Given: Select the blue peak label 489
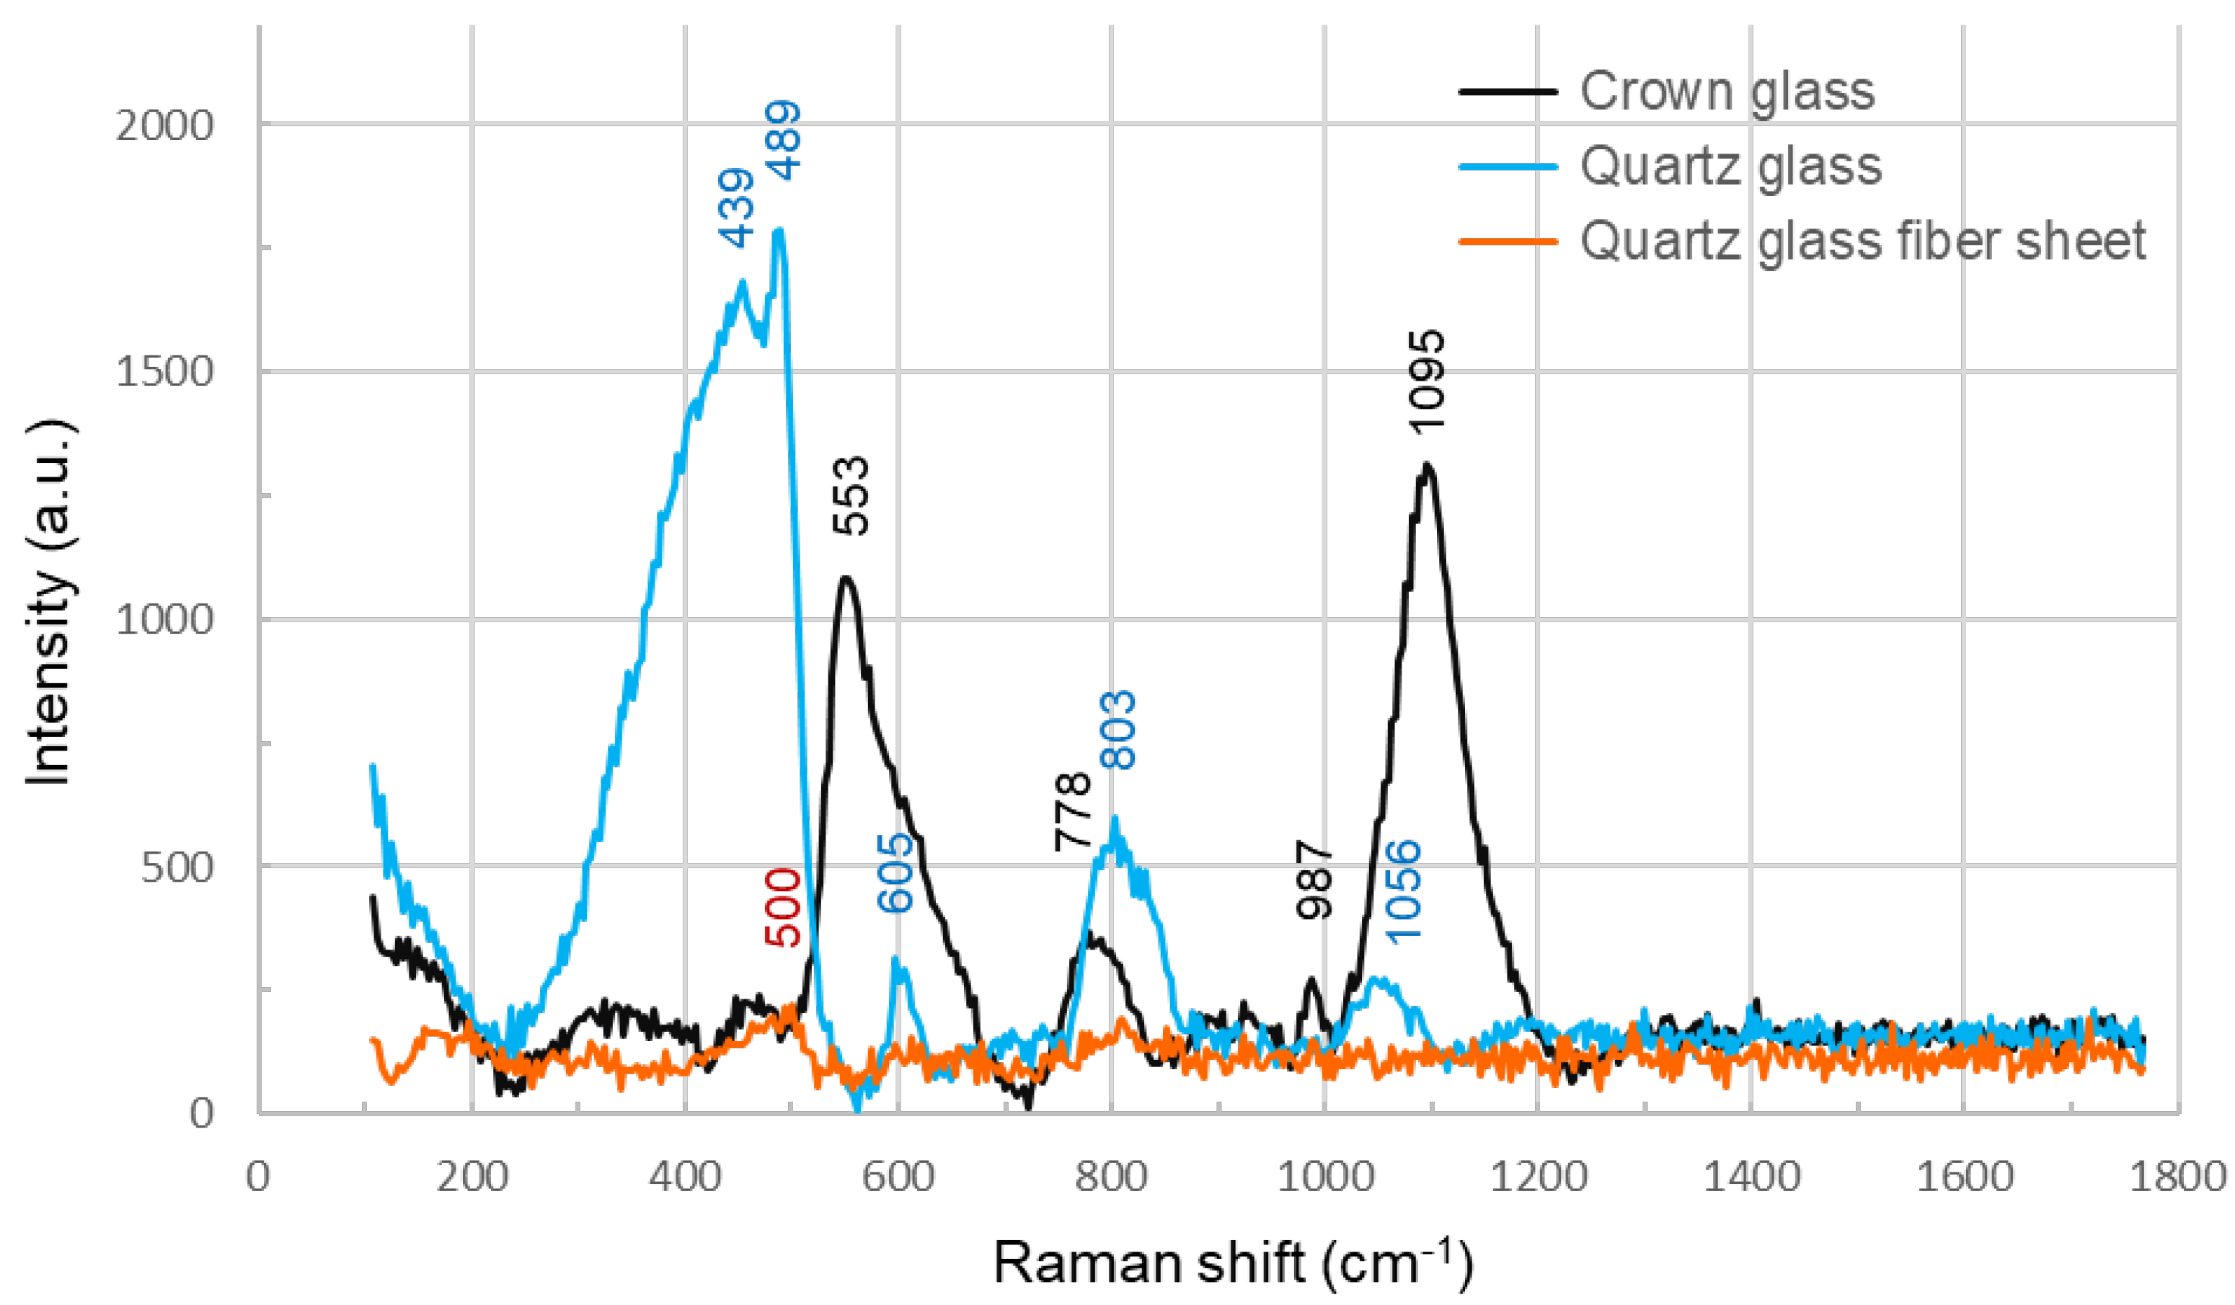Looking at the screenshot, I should click(x=784, y=140).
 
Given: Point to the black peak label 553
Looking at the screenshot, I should click(x=851, y=495).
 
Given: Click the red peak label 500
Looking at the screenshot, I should click(x=783, y=908).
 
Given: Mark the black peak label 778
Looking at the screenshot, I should click(x=1072, y=811).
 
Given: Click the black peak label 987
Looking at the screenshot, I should click(x=1314, y=880).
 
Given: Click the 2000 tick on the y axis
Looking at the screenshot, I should click(x=165, y=125).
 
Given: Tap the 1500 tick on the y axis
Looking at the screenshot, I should click(x=165, y=372).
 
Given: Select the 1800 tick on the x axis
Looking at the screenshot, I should click(x=2177, y=1177).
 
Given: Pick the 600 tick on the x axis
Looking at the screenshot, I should click(x=898, y=1177).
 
